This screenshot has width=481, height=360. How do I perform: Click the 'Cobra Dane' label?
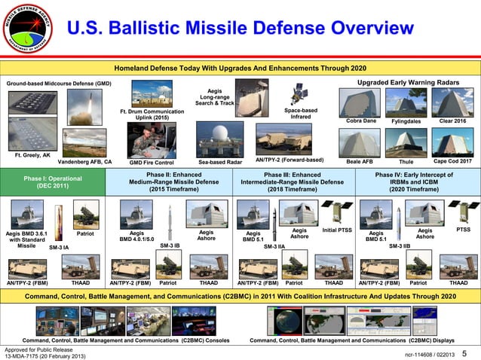(360, 121)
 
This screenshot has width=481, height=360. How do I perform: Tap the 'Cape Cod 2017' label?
(452, 161)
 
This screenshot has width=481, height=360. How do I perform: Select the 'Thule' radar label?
(406, 161)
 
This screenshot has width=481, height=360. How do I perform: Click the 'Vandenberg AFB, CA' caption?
(84, 161)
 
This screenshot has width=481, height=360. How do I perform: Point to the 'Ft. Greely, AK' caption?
(32, 154)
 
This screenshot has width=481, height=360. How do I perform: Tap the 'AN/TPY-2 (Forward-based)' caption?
(290, 160)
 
